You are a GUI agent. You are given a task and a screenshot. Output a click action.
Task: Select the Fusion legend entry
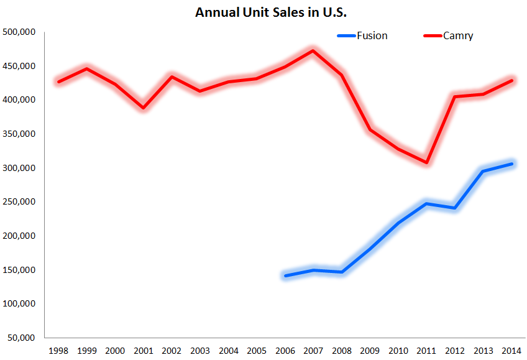pyautogui.click(x=372, y=36)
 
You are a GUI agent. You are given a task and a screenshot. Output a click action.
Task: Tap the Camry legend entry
pyautogui.click(x=458, y=36)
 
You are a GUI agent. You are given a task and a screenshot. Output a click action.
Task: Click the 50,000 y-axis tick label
pyautogui.click(x=21, y=338)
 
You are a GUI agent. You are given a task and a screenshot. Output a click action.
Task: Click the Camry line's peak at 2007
pyautogui.click(x=313, y=50)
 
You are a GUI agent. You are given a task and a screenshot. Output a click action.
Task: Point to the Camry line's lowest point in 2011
pyautogui.click(x=427, y=163)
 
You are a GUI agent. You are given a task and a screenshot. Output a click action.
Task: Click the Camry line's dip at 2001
pyautogui.click(x=144, y=108)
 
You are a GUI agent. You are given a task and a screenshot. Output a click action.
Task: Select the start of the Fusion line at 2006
pyautogui.click(x=285, y=275)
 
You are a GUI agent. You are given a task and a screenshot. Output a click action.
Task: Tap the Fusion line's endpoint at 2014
pyautogui.click(x=512, y=164)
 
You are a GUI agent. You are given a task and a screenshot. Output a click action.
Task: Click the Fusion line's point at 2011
pyautogui.click(x=427, y=203)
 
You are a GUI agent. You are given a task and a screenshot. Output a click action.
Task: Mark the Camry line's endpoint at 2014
pyautogui.click(x=512, y=80)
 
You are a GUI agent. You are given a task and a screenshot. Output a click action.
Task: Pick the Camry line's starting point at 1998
pyautogui.click(x=58, y=81)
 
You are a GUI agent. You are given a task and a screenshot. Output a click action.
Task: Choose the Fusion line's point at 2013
pyautogui.click(x=483, y=171)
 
